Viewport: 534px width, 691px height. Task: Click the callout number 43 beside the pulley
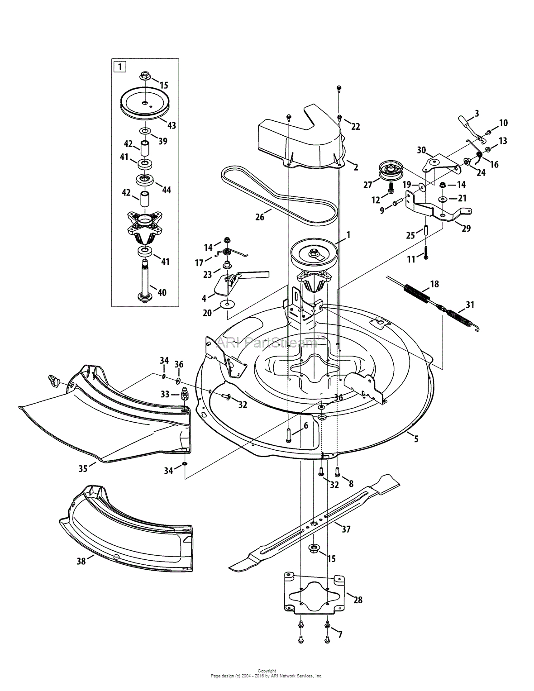(172, 125)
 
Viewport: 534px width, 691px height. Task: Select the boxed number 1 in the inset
(119, 67)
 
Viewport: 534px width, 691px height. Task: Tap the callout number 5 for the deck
(416, 438)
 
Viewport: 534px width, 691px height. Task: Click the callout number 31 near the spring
(470, 305)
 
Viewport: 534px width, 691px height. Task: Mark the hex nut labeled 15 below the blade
(313, 549)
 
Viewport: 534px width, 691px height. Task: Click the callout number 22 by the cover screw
(356, 127)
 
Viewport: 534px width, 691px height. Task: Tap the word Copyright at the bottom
(267, 671)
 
